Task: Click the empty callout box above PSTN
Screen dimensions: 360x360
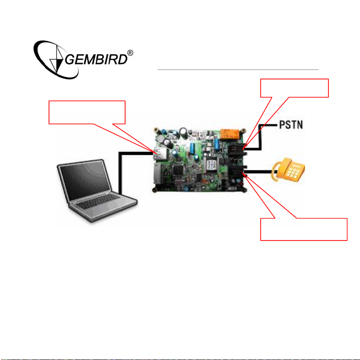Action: [x=294, y=88]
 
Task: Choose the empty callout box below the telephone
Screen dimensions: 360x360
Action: [x=304, y=229]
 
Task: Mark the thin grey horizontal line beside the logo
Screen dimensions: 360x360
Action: [x=238, y=69]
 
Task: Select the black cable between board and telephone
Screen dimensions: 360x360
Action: [x=261, y=172]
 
